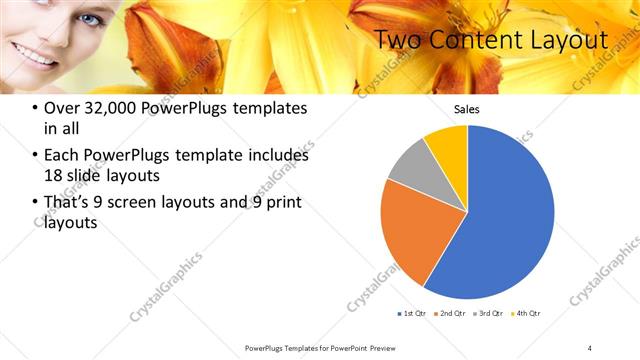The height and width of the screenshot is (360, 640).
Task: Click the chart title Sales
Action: [x=467, y=108]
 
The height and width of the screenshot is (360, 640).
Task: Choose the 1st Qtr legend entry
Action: [x=412, y=314]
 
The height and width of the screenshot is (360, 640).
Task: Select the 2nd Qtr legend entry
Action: [x=451, y=314]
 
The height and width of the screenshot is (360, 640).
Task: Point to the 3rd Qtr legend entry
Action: [x=490, y=314]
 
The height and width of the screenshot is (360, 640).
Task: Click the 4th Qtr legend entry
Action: [x=528, y=314]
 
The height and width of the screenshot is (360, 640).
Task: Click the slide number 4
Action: [x=590, y=347]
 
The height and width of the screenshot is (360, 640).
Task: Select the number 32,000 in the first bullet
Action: [x=115, y=109]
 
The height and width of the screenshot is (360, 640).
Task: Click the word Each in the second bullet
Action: [x=64, y=156]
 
